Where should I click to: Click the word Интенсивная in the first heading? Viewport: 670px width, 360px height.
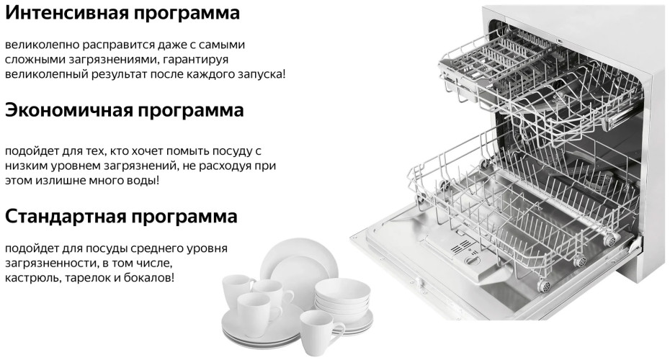point(66,12)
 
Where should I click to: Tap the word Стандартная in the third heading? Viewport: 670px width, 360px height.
point(66,216)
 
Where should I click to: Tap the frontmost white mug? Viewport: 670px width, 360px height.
point(321,333)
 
